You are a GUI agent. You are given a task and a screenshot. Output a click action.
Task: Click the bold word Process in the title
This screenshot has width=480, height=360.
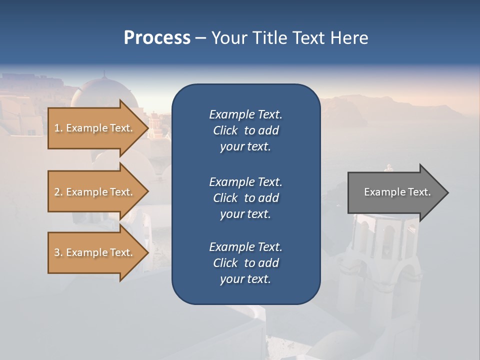(x=157, y=37)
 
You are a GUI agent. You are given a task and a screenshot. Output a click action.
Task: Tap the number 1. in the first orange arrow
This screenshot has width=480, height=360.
(x=58, y=128)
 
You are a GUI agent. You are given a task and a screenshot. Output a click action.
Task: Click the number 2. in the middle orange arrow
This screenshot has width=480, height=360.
(x=58, y=192)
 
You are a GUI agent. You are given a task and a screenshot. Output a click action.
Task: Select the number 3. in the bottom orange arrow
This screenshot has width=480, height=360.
(x=58, y=252)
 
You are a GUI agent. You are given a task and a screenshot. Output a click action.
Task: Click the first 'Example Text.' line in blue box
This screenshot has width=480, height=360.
(x=245, y=114)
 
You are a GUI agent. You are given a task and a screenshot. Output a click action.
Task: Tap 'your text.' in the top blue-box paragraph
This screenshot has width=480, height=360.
(x=245, y=146)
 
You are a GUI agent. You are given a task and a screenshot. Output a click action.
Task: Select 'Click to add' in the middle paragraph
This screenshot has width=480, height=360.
(x=245, y=198)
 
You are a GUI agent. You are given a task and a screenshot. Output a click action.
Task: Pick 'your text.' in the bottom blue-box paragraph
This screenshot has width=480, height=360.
(x=245, y=279)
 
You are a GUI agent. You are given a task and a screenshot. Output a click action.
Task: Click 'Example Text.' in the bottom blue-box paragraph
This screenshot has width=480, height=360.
(x=245, y=247)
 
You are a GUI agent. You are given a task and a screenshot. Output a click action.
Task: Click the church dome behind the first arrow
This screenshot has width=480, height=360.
(x=100, y=90)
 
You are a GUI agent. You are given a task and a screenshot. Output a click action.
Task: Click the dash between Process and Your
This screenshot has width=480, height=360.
(x=201, y=38)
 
